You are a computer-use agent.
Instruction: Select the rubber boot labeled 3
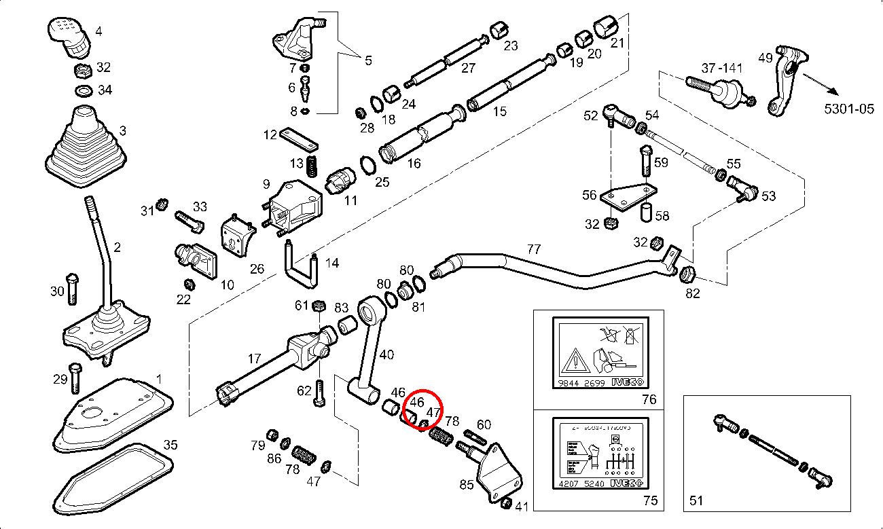tap(86, 150)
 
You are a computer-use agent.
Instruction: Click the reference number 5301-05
tap(848, 108)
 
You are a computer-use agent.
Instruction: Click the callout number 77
tap(534, 249)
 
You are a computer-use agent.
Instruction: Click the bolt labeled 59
tap(645, 160)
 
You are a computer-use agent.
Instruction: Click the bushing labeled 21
tap(605, 27)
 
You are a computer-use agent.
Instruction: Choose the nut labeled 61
tap(317, 306)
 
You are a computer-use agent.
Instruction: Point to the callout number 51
tap(696, 501)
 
